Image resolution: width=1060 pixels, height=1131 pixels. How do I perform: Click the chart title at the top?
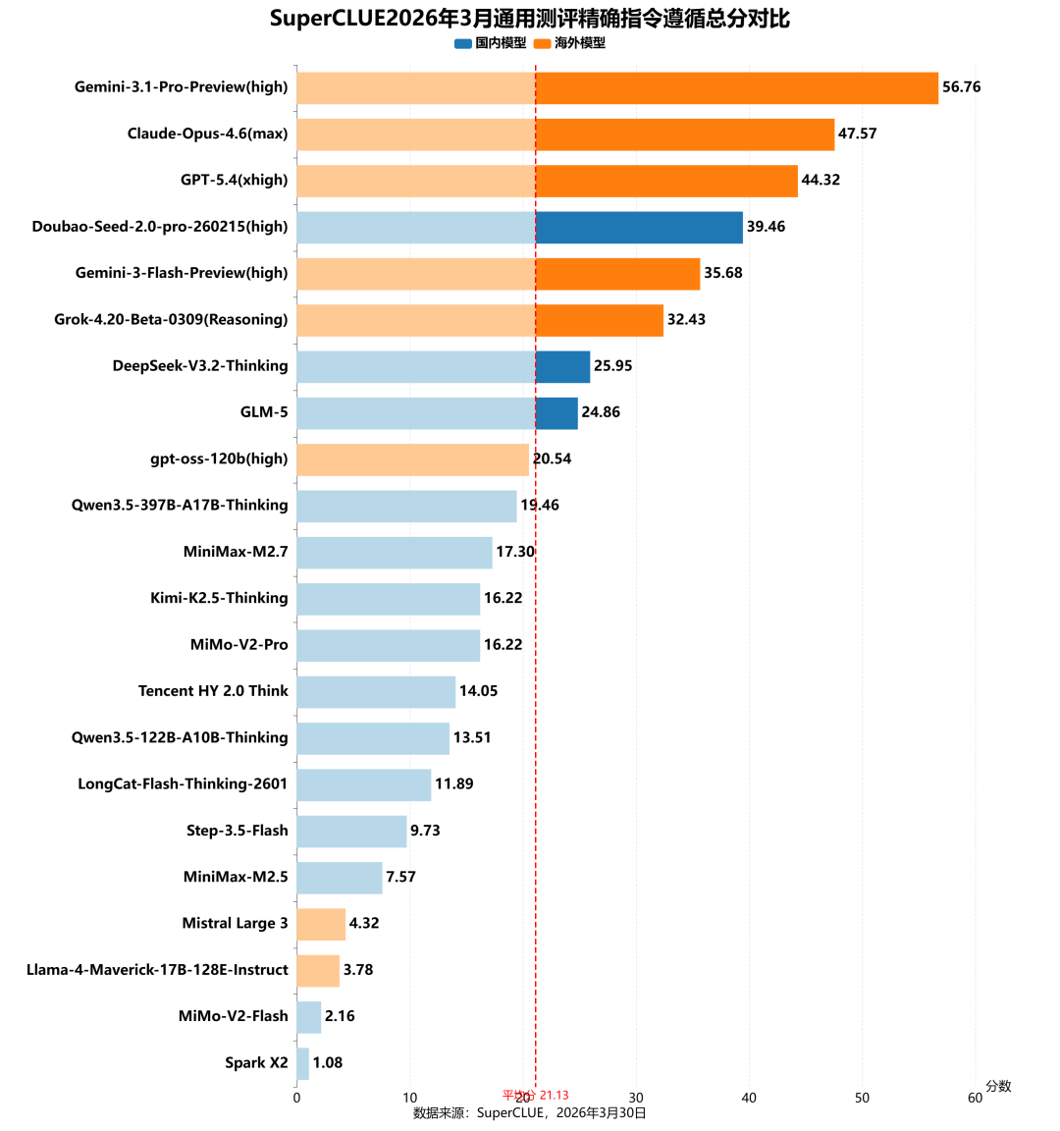[x=530, y=19]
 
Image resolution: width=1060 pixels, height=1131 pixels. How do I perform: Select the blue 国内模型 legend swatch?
[x=463, y=43]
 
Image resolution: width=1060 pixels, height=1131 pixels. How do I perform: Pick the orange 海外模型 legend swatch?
[x=542, y=43]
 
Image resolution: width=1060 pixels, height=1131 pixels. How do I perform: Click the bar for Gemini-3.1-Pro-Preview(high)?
[x=616, y=87]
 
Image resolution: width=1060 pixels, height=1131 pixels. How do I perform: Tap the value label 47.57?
[x=857, y=134]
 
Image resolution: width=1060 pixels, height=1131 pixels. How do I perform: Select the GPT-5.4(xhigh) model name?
[x=235, y=180]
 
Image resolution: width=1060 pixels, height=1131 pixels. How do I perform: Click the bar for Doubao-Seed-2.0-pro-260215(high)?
[x=519, y=227]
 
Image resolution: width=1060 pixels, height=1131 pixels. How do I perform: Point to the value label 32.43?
[x=686, y=319]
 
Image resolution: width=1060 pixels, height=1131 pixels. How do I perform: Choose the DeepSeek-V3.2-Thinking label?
[x=200, y=366]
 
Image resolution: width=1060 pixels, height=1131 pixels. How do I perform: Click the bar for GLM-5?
[x=437, y=412]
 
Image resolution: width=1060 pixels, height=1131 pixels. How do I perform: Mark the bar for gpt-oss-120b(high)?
[x=412, y=458]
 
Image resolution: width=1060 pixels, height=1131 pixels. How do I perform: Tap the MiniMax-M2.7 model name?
[x=236, y=552]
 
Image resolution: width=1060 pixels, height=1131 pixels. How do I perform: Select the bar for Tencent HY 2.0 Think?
[x=376, y=691]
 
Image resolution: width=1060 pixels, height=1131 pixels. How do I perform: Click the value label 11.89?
[x=454, y=783]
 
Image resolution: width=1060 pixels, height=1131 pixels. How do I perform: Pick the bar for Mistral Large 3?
[x=321, y=924]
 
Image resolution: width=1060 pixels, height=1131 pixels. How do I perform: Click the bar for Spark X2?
[x=302, y=1063]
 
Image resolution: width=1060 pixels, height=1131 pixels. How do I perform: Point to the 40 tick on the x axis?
[x=749, y=1098]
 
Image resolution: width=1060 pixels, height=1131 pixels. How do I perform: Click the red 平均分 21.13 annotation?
[x=536, y=1095]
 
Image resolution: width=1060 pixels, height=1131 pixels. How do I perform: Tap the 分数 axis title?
[x=998, y=1086]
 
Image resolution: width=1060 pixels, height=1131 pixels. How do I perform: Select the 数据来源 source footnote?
[x=530, y=1112]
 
